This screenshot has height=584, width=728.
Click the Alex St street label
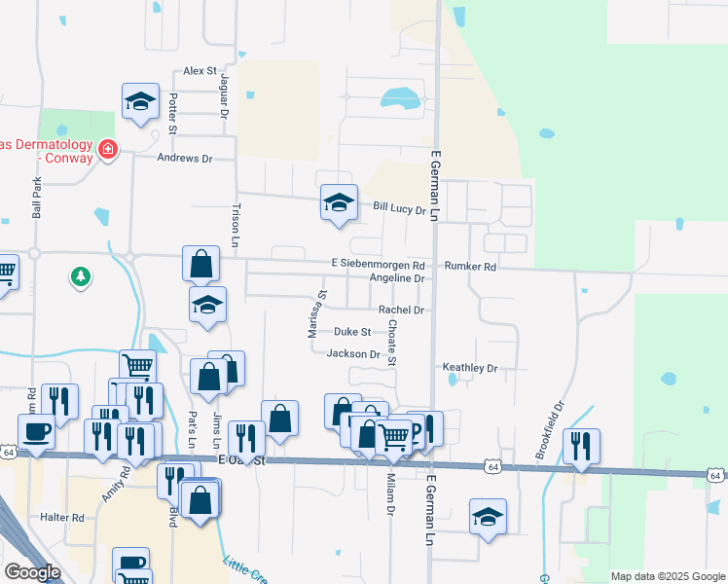tap(200, 71)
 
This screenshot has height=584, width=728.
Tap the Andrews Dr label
tap(191, 158)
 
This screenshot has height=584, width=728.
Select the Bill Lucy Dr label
tap(401, 208)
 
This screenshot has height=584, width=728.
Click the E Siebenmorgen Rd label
tap(378, 265)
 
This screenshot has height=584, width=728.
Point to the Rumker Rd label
tap(470, 266)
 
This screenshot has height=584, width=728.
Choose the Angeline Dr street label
tap(397, 278)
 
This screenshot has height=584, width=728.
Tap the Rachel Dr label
tap(402, 310)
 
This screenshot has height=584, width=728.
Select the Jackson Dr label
tap(353, 354)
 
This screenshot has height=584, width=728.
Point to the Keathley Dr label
tap(470, 369)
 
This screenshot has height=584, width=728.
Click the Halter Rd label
tap(62, 518)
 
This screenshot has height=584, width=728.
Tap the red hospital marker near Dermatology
tap(107, 151)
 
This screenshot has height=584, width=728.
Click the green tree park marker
tap(80, 277)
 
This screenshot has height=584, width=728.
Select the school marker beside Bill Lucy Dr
tap(339, 203)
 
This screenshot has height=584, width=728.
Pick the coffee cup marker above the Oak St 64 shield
tap(37, 431)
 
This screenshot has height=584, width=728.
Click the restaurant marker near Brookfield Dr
tap(581, 445)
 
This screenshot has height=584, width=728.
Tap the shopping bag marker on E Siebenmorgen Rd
tap(200, 263)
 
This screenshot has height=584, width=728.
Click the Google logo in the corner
tap(32, 572)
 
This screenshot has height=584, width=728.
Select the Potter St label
tap(172, 114)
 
